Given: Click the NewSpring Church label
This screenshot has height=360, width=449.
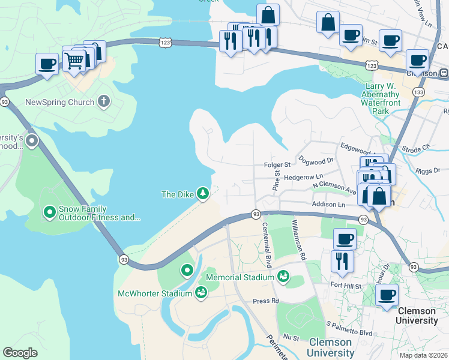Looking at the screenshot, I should pos(59,102).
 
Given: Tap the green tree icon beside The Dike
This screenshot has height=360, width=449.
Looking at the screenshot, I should pos(203,193).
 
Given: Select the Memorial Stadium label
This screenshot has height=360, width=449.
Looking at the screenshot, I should pos(241,278).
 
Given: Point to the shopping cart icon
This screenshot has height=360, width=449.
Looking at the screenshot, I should pos(74,60).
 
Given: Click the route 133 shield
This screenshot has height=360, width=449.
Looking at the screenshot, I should pos(419,92).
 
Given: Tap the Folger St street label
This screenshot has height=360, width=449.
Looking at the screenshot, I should pos(277,164).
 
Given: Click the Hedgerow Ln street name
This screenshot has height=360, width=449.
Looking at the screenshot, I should pos(304,177).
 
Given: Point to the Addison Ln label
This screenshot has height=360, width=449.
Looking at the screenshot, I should pos(328,205).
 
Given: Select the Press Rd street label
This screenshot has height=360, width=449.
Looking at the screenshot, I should pos(266,301).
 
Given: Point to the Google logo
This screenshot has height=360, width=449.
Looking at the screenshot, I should pos(20,353).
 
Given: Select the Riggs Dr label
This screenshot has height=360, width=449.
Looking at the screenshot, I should pos(427,171).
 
